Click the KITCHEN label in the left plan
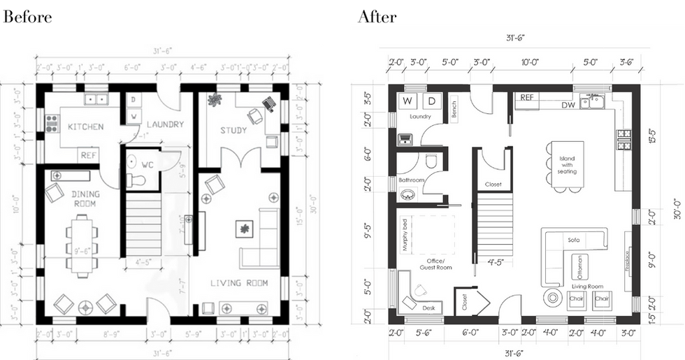coord(86,127)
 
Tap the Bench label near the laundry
coord(454,109)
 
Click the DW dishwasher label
coord(568,105)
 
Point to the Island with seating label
coord(567,164)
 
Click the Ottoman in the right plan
coord(578,266)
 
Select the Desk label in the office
coord(428,308)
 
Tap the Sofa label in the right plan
coord(574,240)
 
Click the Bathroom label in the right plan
coord(412,180)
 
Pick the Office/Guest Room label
coord(435,264)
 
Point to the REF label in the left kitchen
coord(89,155)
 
